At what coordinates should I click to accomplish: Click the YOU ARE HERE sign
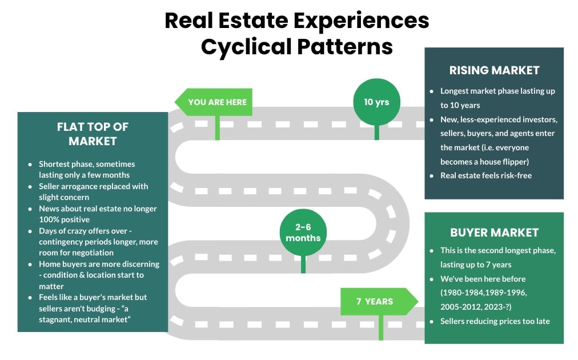pos(216,102)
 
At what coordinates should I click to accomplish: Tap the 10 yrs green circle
pos(376,102)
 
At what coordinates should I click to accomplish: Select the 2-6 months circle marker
pos(303,233)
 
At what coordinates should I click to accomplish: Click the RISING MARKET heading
pos(494,70)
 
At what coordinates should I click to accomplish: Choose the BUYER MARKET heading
pos(494,233)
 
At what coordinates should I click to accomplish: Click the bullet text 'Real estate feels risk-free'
pos(486,175)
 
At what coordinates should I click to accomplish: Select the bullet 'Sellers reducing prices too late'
pos(495,321)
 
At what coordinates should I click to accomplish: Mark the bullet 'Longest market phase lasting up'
pos(497,91)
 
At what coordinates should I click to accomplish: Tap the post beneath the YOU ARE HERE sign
pos(217,127)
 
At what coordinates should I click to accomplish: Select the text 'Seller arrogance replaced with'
pos(93,186)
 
